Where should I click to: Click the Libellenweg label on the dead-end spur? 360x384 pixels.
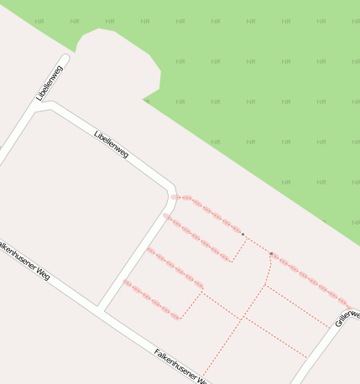point(50,84)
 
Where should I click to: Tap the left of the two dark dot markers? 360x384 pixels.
point(243,234)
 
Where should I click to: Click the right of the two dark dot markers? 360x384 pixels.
point(271,252)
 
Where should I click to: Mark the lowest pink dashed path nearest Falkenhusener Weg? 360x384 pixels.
point(151,300)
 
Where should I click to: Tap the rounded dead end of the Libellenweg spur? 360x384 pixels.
point(65,59)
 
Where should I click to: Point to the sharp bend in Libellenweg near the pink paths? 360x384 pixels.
point(172,189)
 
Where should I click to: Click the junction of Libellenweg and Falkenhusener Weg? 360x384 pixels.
point(101,309)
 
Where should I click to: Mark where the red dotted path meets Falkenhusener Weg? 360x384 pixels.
point(202,380)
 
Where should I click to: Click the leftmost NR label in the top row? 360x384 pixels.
point(39,21)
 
